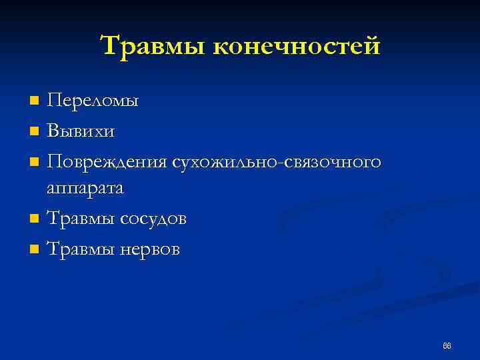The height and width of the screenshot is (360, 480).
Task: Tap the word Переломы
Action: click(x=93, y=101)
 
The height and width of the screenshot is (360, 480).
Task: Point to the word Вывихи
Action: click(x=80, y=131)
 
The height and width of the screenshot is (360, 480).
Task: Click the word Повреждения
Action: click(x=106, y=161)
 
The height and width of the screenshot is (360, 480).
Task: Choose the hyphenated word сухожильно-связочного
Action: click(x=276, y=161)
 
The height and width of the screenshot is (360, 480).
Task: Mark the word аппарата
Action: click(x=85, y=189)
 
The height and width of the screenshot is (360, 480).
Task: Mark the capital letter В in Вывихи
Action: click(x=53, y=131)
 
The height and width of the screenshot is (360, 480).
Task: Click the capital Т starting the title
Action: click(x=109, y=45)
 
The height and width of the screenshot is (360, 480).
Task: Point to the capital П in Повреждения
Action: click(x=54, y=161)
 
